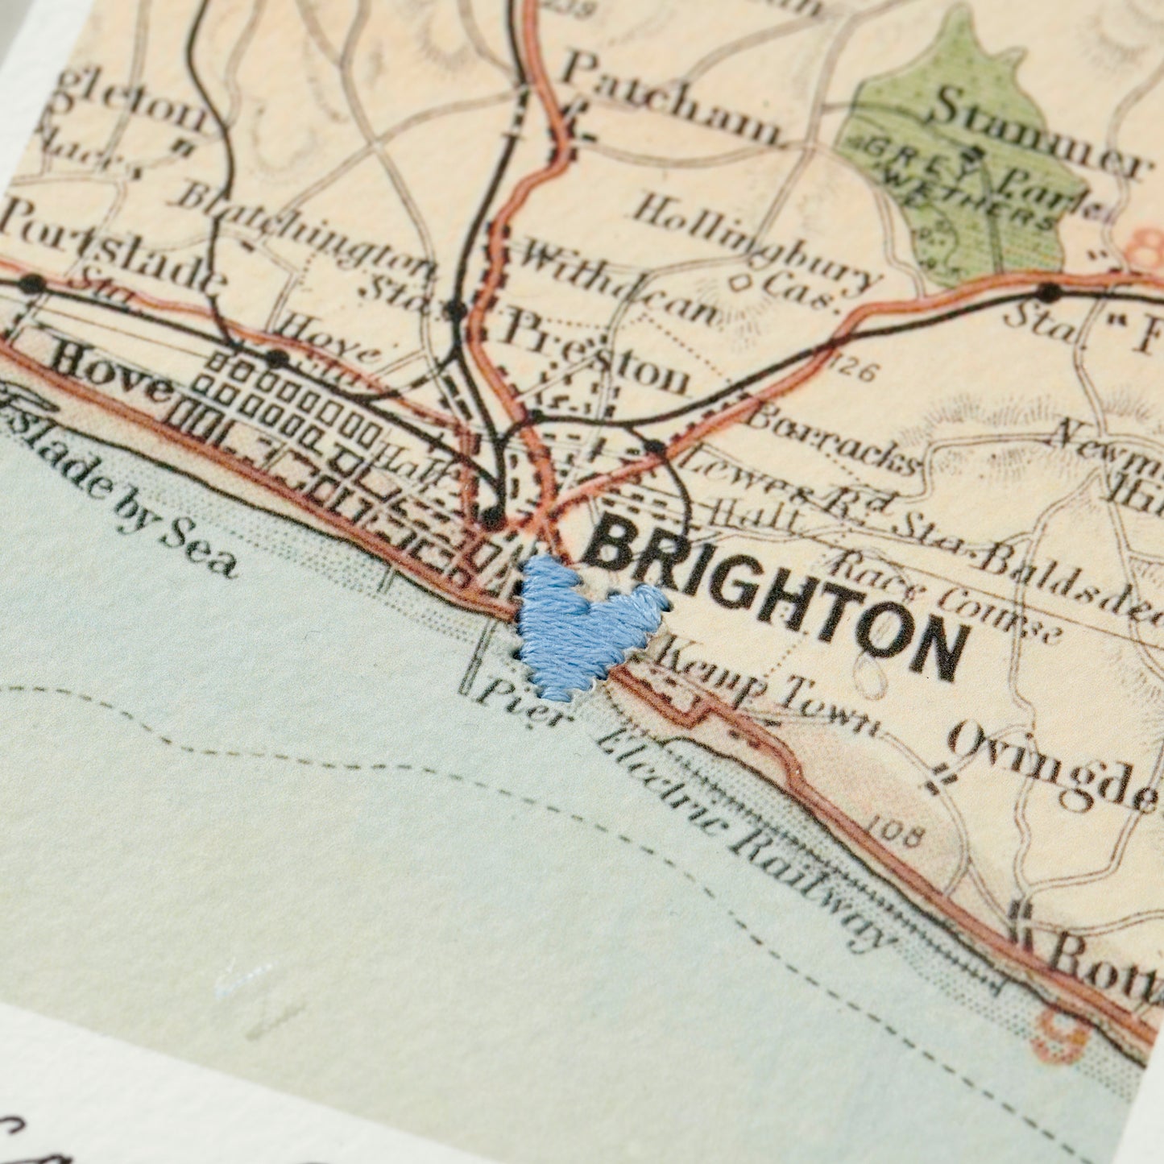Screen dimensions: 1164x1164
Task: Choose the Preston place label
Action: click(x=596, y=354)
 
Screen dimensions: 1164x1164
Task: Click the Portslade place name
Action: click(x=109, y=246)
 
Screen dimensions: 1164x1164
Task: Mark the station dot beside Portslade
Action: click(x=32, y=284)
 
